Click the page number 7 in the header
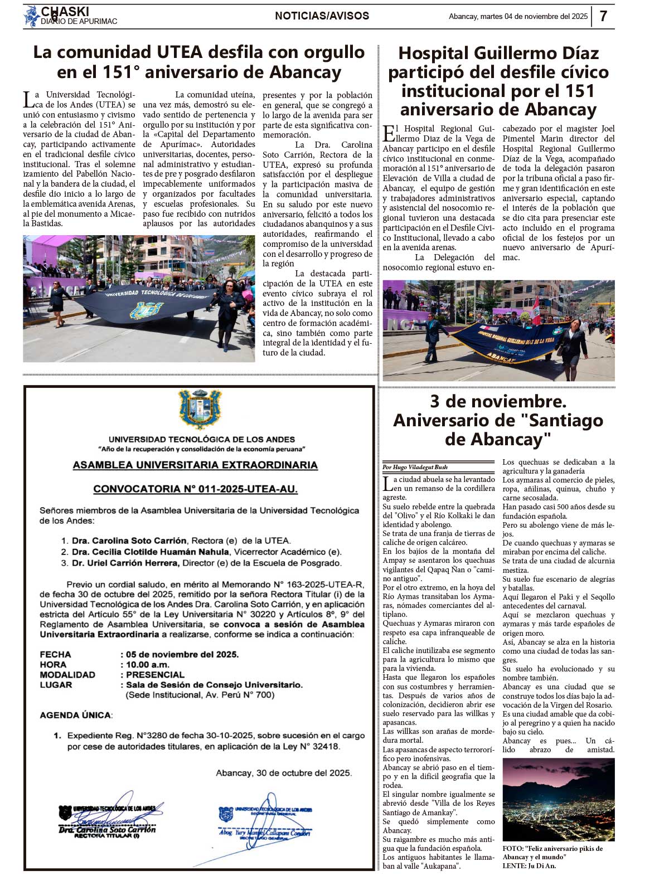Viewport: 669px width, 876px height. coord(603,16)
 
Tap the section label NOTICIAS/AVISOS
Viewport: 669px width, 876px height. coord(322,16)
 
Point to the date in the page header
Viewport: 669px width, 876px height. coord(518,17)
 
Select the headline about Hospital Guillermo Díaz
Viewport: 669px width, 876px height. coord(498,81)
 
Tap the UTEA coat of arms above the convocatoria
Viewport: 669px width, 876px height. coord(199,410)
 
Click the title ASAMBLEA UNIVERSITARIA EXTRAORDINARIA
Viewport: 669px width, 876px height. coord(195,465)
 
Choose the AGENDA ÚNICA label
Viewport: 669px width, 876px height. coord(75,715)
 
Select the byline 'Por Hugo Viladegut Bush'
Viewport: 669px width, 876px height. coord(415,467)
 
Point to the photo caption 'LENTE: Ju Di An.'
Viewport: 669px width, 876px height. coord(529,865)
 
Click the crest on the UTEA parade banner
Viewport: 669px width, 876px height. coord(145,310)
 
